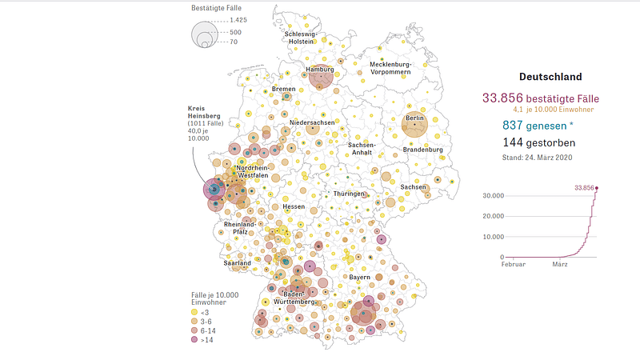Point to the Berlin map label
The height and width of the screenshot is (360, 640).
pos(414,118)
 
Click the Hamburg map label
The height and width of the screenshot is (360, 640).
pos(319,70)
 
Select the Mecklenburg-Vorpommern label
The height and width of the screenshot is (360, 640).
pos(390,68)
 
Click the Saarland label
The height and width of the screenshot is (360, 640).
pos(238,262)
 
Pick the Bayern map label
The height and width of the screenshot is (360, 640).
pos(359,277)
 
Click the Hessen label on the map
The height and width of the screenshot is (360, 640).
pos(294,206)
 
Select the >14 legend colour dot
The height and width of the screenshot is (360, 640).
pos(195,340)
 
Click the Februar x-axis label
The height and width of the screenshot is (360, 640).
pos(514,264)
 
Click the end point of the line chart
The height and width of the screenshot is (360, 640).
pos(596,188)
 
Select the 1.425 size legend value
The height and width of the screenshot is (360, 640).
pos(238,19)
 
